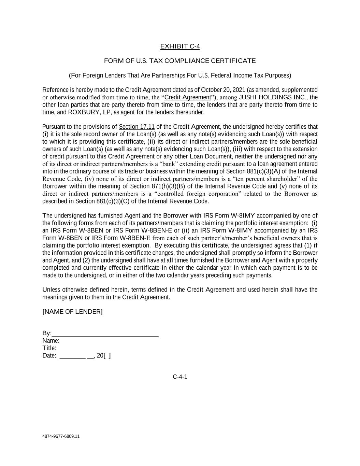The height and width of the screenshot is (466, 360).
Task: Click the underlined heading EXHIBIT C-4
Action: click(x=180, y=46)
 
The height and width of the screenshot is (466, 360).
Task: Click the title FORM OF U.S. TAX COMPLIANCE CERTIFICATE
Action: click(x=180, y=61)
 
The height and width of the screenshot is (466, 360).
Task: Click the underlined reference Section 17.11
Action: click(x=136, y=127)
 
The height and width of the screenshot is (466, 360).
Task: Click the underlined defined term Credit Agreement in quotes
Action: click(x=187, y=98)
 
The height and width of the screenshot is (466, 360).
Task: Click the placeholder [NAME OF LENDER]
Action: click(x=72, y=312)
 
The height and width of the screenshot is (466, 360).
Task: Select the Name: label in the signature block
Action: click(x=51, y=341)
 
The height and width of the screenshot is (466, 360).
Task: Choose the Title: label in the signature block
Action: click(x=49, y=348)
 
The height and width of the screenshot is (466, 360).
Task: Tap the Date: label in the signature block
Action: click(x=49, y=356)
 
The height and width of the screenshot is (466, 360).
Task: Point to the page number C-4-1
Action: click(x=180, y=377)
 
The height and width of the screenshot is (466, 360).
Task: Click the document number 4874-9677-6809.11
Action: click(x=61, y=436)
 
